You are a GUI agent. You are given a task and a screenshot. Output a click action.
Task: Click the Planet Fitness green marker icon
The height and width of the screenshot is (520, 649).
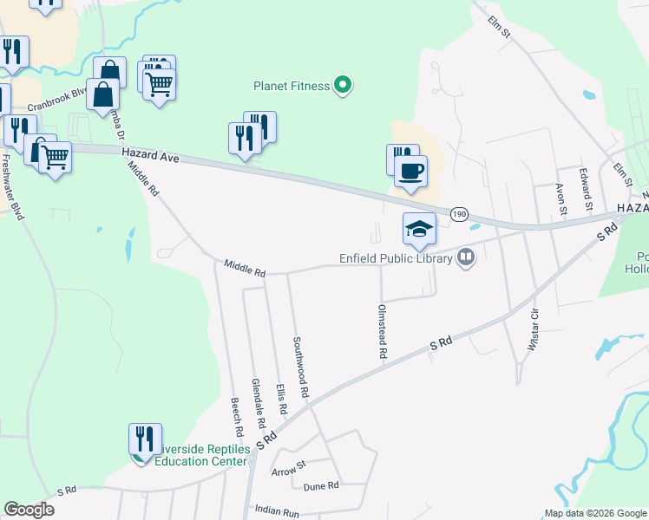coord(343,85)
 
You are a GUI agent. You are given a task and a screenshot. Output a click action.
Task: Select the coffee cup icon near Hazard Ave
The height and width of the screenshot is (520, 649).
coord(410,171)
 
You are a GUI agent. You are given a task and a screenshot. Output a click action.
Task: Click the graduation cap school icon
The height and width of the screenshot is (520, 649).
coord(419,230)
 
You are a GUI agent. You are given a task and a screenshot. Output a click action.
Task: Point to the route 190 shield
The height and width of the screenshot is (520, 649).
coord(459,213)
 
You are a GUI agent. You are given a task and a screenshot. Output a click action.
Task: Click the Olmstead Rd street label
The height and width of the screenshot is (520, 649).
coord(381,331)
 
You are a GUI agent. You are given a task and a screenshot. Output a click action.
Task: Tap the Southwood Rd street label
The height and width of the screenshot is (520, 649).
coord(299,366)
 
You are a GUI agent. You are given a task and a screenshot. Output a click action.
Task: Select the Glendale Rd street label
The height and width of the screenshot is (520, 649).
coord(257,403)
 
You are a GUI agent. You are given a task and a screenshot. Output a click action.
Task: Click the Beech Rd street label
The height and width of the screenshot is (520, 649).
coord(235,417)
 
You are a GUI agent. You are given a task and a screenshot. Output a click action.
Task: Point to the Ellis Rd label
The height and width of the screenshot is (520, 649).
coord(280,398)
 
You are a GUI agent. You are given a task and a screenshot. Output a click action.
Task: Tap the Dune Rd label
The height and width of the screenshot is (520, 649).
coord(321,486)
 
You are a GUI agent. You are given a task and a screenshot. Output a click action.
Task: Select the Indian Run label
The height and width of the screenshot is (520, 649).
coord(277,513)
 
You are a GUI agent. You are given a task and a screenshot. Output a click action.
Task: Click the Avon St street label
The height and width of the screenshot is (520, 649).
coord(561,199)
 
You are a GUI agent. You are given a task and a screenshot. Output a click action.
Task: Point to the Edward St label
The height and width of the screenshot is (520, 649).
coord(585,185)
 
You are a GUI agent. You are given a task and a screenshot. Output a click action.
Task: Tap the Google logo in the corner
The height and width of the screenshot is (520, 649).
coord(29,510)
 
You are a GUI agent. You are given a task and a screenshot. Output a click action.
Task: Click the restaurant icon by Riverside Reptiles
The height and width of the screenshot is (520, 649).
coord(145,439)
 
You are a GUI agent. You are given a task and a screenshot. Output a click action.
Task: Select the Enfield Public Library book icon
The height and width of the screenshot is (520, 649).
coord(467,257)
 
